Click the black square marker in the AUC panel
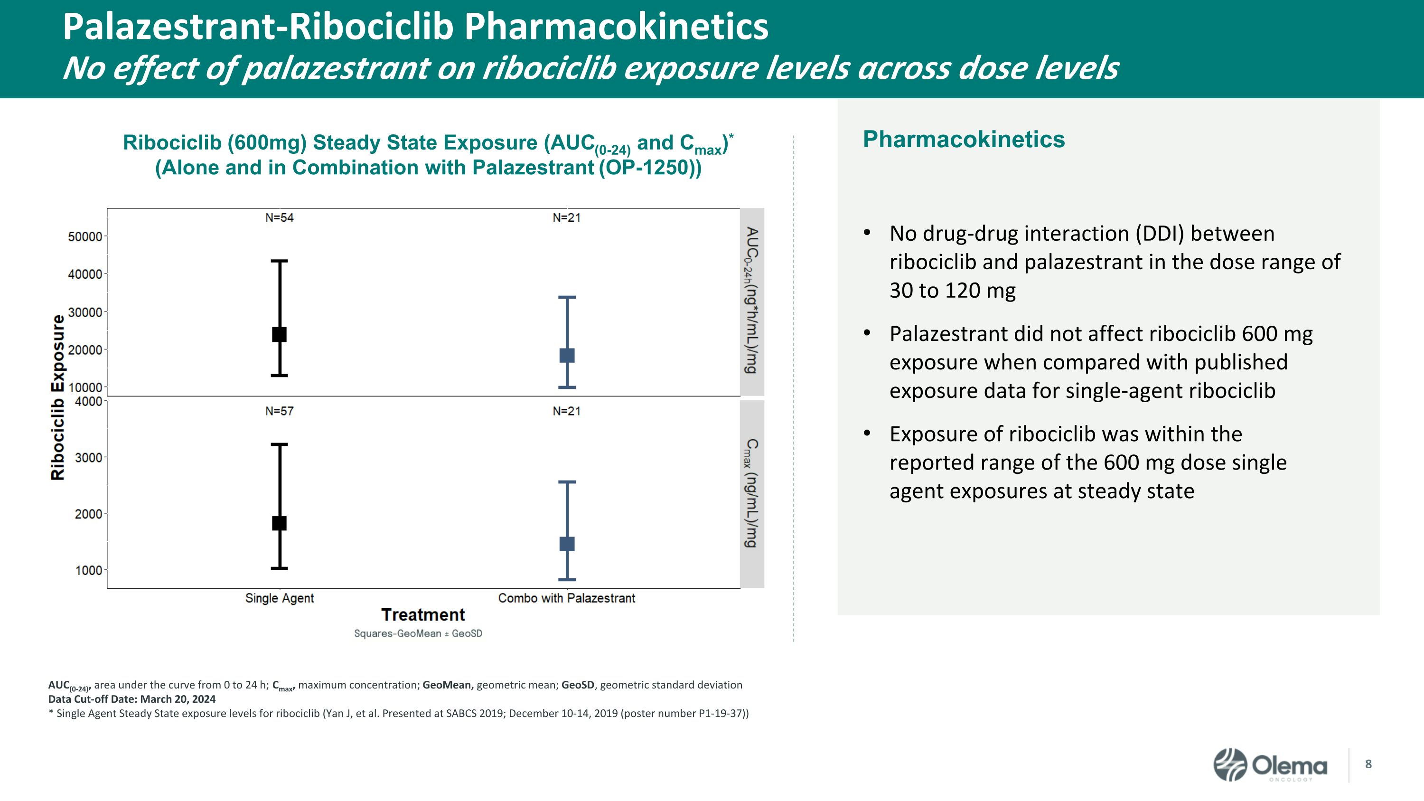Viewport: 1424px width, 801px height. pyautogui.click(x=279, y=334)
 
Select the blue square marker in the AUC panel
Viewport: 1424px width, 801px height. pyautogui.click(x=567, y=356)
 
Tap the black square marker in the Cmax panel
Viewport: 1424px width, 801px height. pyautogui.click(x=279, y=523)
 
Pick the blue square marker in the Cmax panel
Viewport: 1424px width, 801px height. pyautogui.click(x=567, y=544)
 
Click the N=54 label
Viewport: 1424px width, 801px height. pyautogui.click(x=279, y=218)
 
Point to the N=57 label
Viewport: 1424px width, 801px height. pyautogui.click(x=279, y=411)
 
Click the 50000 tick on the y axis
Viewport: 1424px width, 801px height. pyautogui.click(x=85, y=236)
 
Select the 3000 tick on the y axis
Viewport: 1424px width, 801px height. pyautogui.click(x=88, y=458)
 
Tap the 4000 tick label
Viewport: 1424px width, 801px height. pyautogui.click(x=88, y=401)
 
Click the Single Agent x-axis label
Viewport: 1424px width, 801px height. pyautogui.click(x=279, y=598)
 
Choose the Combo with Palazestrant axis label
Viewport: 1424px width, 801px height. pyautogui.click(x=567, y=598)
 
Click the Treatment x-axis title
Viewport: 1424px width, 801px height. pyautogui.click(x=423, y=615)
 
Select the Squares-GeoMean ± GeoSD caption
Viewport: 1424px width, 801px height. pyautogui.click(x=418, y=633)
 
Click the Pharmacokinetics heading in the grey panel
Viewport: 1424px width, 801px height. pyautogui.click(x=964, y=139)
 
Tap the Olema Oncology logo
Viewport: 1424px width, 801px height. pyautogui.click(x=1270, y=765)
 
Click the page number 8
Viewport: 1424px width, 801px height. pyautogui.click(x=1368, y=764)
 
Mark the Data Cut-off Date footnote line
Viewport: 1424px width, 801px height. pyautogui.click(x=131, y=699)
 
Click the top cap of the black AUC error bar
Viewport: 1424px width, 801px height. pyautogui.click(x=279, y=261)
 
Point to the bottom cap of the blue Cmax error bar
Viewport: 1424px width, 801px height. pyautogui.click(x=567, y=579)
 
